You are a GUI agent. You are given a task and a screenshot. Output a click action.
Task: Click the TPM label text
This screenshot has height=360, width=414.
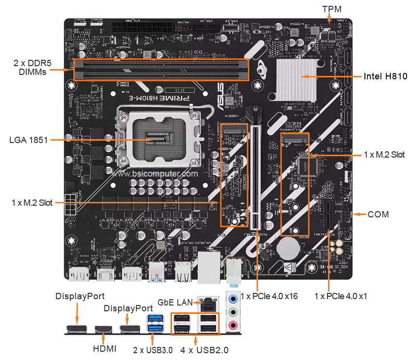(332, 9)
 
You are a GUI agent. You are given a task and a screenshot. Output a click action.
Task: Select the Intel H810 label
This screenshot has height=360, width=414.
(385, 76)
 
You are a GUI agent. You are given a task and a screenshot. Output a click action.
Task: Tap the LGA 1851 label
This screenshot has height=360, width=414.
(28, 140)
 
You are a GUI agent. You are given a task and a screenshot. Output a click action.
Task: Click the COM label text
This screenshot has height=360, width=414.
(378, 214)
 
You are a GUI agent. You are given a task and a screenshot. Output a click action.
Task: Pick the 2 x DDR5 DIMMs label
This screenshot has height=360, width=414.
(30, 67)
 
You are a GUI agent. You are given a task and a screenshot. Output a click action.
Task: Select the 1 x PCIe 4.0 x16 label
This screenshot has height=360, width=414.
(269, 296)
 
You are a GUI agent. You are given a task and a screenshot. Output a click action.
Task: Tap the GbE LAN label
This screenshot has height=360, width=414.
(175, 302)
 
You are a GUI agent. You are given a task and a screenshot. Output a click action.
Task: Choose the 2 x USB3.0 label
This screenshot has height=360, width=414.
(153, 349)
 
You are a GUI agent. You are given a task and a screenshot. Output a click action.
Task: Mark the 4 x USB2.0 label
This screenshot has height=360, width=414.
(204, 349)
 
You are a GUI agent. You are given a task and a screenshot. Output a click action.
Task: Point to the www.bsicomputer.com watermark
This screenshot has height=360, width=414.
(155, 173)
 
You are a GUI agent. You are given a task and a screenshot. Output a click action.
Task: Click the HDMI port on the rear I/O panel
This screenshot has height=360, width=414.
(103, 330)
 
